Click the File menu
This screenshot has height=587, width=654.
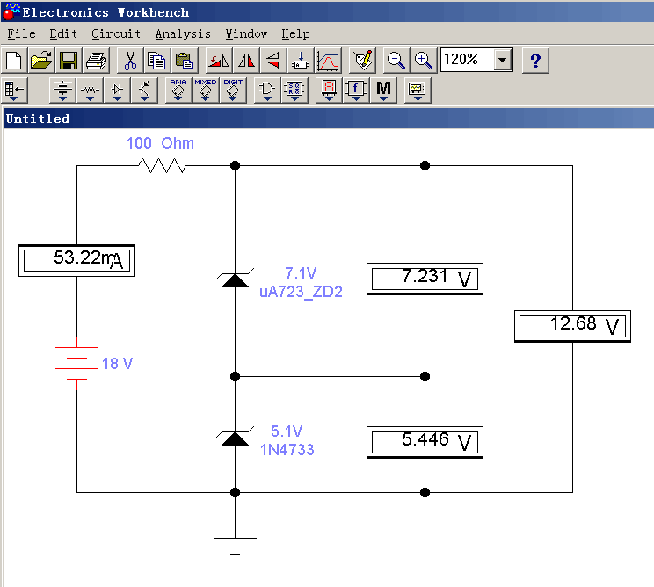click(x=21, y=33)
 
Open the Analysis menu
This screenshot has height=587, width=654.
click(x=183, y=33)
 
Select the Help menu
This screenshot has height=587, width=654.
click(x=295, y=33)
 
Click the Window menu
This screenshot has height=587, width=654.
click(x=246, y=33)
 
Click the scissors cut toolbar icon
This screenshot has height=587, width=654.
click(x=129, y=61)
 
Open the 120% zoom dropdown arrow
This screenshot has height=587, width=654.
click(x=503, y=61)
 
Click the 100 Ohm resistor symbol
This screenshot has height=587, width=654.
click(x=163, y=165)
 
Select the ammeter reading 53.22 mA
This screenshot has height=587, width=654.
click(x=77, y=260)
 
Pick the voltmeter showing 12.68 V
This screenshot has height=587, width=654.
click(x=573, y=326)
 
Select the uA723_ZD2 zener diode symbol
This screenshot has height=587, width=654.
click(x=235, y=279)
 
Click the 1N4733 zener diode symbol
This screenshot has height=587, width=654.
click(x=235, y=437)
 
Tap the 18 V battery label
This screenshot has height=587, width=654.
click(x=117, y=364)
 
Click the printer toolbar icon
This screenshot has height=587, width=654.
click(x=97, y=61)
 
